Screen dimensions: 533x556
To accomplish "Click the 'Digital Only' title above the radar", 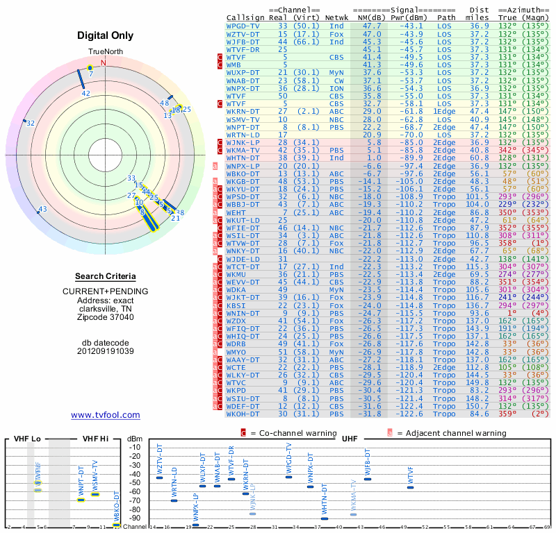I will point(106,35).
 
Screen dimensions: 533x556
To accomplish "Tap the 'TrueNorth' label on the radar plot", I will point(105,52).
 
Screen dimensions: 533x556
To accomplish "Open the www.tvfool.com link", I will point(106,415).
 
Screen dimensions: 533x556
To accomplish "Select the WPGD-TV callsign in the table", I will point(243,25).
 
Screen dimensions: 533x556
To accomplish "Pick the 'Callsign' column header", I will point(245,17).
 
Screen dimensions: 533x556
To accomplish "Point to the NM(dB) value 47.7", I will point(370,25).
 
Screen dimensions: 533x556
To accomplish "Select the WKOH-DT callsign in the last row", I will point(244,414).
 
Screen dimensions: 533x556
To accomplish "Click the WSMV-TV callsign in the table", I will point(244,119).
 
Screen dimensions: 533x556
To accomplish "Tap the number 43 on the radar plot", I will point(42,209).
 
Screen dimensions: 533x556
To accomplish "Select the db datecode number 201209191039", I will point(106,350).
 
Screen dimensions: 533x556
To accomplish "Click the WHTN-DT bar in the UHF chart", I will point(325,518).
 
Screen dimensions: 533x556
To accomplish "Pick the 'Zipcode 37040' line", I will point(106,317).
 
